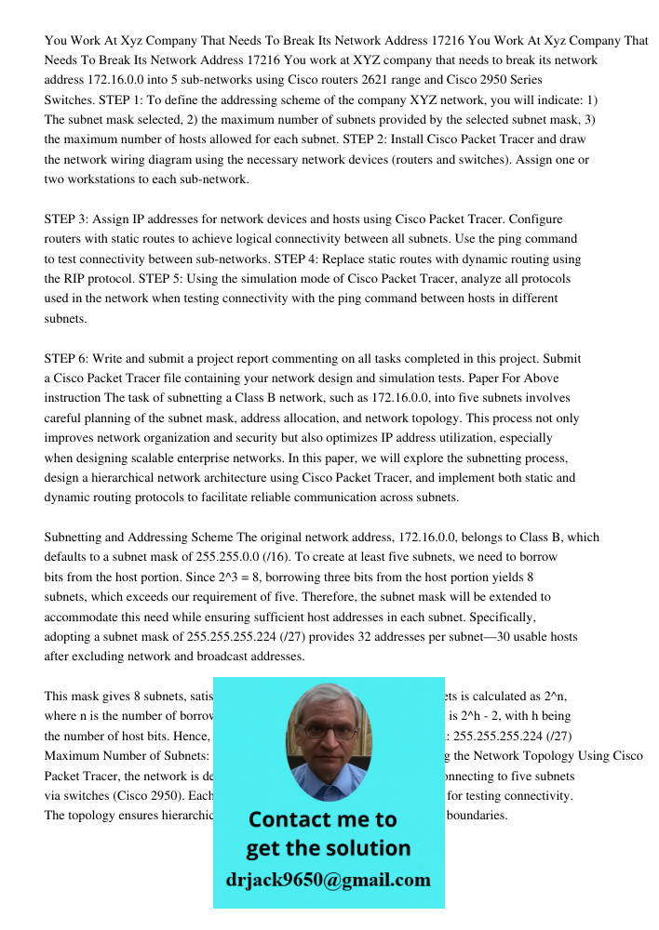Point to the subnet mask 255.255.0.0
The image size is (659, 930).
point(228,557)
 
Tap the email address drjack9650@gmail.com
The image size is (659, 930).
point(329,880)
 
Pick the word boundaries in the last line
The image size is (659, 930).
point(477,816)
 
